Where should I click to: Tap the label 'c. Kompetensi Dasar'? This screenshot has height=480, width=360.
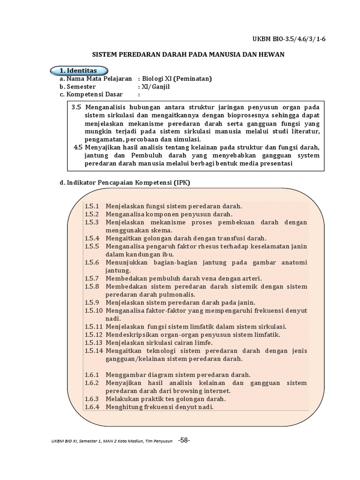88,95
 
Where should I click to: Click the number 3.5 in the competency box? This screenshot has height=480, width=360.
76,107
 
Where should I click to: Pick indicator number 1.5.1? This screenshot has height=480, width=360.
93,206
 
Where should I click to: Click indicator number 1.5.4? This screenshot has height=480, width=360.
93,238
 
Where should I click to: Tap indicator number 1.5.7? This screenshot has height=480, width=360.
93,278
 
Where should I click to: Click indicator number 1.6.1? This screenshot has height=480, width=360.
93,375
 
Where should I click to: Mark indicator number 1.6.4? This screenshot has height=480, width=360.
93,407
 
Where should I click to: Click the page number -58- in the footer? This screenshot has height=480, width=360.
184,440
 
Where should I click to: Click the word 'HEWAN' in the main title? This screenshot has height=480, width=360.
271,55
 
